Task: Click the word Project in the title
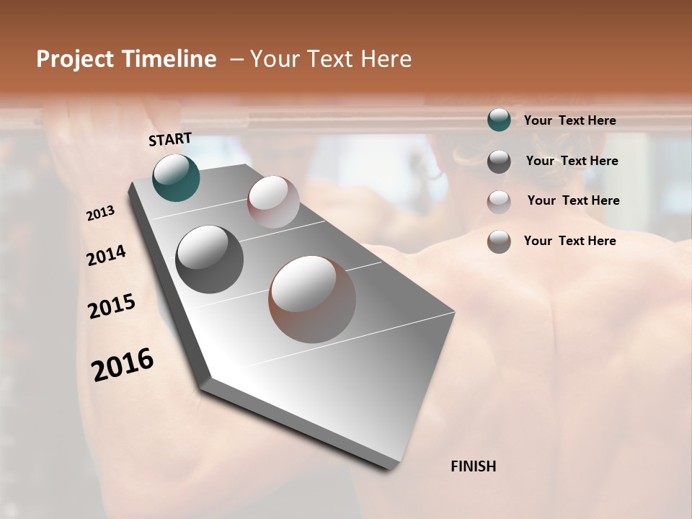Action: point(74,60)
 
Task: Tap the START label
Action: point(170,139)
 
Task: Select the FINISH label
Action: point(473,466)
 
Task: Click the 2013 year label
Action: point(100,213)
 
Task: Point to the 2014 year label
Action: point(106,256)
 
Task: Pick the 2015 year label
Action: point(112,306)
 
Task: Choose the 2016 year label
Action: point(123,364)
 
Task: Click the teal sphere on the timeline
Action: point(176,177)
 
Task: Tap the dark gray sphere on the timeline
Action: point(209,259)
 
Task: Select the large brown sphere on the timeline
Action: point(312,299)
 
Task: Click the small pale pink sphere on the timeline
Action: point(273,202)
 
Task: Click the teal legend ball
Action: point(499,120)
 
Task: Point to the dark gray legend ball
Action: point(499,161)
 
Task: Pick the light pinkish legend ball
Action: point(499,202)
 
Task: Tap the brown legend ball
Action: point(499,241)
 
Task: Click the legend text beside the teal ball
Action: point(569,120)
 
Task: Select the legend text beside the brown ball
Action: point(569,241)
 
